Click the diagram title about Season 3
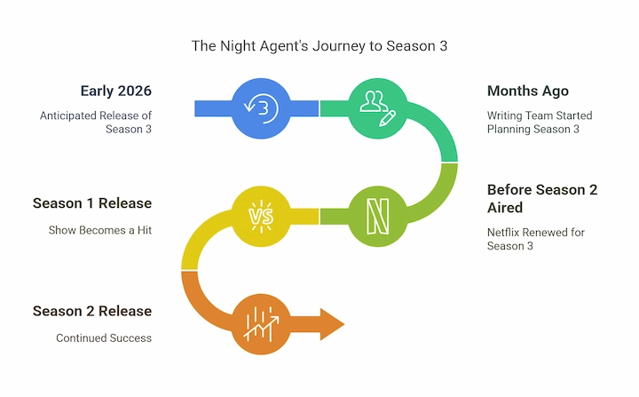[x=319, y=46]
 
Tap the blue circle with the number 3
[x=261, y=108]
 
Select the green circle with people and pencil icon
[x=378, y=108]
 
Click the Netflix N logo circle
[x=378, y=216]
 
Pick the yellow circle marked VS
[x=261, y=216]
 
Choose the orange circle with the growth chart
[x=261, y=324]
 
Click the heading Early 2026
[x=116, y=91]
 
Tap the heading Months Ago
[x=528, y=91]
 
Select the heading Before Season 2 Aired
[x=542, y=199]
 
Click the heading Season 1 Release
[x=92, y=203]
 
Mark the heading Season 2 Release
[x=92, y=311]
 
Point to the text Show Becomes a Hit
[x=100, y=230]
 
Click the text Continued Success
[x=104, y=337]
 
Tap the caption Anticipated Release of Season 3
[x=96, y=123]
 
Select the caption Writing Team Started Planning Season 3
[x=540, y=123]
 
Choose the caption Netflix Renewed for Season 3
[x=536, y=239]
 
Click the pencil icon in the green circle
[x=387, y=118]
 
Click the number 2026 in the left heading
[x=134, y=91]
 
